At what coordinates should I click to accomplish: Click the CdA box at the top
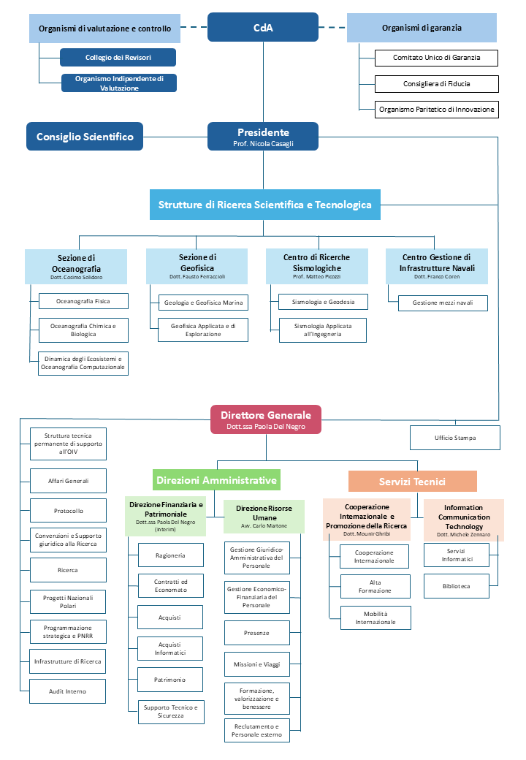point(263,27)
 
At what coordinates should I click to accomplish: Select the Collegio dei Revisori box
point(118,57)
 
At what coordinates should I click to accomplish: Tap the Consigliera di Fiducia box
point(436,84)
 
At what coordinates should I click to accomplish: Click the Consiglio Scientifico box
point(85,136)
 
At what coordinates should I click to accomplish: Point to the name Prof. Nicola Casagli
point(263,143)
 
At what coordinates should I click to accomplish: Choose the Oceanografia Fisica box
point(83,301)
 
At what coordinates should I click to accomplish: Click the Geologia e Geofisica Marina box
point(203,303)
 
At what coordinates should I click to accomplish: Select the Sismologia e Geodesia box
point(323,302)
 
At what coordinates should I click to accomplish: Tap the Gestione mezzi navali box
point(443,303)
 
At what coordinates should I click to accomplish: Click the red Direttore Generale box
point(266,419)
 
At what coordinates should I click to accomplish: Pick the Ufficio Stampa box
point(455,438)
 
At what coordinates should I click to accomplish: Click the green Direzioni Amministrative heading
point(216,480)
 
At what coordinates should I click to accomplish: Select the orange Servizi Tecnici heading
point(412,482)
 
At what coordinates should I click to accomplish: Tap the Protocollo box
point(68,510)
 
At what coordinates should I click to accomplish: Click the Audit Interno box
point(67,691)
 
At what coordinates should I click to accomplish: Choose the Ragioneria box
point(170,555)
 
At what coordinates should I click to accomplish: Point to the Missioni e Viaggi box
point(256,664)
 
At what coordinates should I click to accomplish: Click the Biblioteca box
point(457,586)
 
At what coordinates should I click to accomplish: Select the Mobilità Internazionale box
point(376,618)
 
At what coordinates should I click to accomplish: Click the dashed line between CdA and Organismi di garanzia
point(332,27)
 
